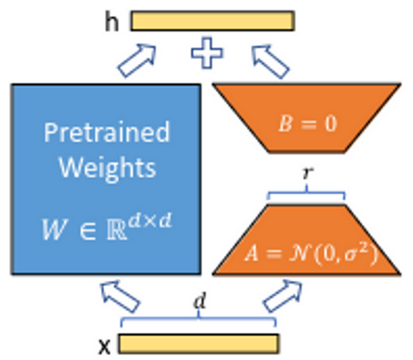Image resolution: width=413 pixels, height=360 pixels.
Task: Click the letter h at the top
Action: (x=110, y=21)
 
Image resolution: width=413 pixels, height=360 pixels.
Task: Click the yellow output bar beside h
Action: (x=212, y=20)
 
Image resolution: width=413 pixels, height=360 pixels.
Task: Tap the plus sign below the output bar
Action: (x=206, y=54)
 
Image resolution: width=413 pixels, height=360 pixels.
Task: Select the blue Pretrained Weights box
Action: (x=105, y=178)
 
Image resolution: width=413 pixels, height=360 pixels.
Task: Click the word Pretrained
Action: (x=106, y=133)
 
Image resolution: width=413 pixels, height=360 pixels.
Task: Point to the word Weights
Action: (x=106, y=166)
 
